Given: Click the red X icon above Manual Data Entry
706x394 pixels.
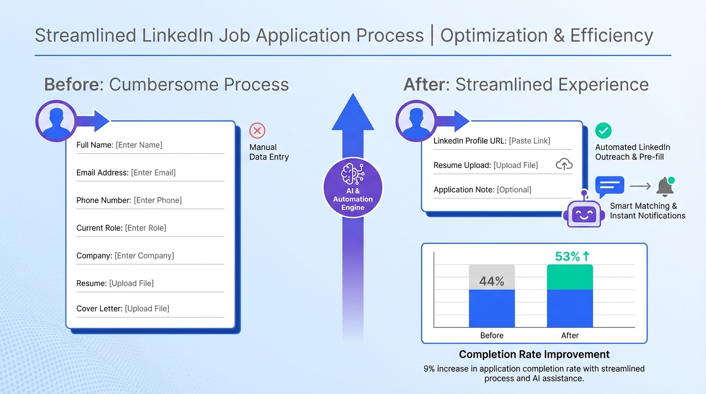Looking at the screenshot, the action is click(x=257, y=130).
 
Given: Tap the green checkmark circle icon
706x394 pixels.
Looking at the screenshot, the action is click(x=603, y=130).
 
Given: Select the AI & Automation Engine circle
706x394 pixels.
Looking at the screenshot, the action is click(x=353, y=188).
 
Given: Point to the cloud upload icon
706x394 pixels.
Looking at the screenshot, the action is click(x=564, y=164).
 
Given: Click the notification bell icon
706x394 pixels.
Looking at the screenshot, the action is click(x=665, y=187).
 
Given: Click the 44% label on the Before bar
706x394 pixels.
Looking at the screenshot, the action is click(x=492, y=281).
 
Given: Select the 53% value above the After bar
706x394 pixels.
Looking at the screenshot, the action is click(x=572, y=257).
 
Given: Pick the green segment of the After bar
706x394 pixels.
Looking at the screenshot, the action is click(x=570, y=277).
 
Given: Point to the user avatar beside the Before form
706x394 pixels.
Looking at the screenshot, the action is click(x=56, y=121).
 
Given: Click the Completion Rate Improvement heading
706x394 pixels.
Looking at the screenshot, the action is click(x=534, y=354).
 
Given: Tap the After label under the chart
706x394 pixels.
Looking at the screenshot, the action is click(x=570, y=336).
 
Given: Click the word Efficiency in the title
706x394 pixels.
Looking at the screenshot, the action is click(x=612, y=35).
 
